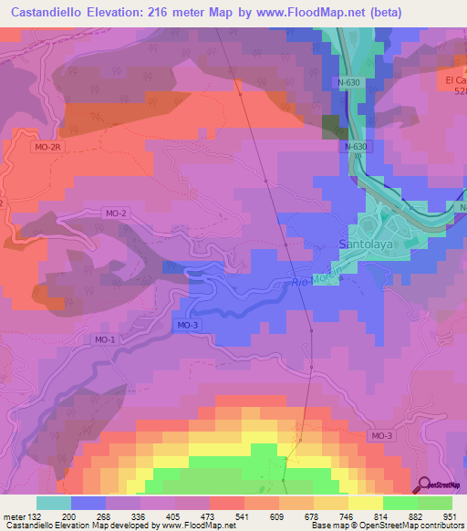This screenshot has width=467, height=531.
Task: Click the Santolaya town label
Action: [x=365, y=245]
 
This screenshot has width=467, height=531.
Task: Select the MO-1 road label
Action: [x=105, y=340]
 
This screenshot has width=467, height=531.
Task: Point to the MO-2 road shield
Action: [x=115, y=213]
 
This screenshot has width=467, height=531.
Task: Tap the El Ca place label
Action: [x=454, y=80]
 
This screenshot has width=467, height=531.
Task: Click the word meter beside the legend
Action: [x=15, y=516]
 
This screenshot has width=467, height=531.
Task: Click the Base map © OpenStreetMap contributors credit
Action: [x=386, y=526]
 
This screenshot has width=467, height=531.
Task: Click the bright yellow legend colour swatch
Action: [x=365, y=503]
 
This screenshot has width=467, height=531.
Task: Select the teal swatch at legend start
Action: [x=53, y=503]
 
